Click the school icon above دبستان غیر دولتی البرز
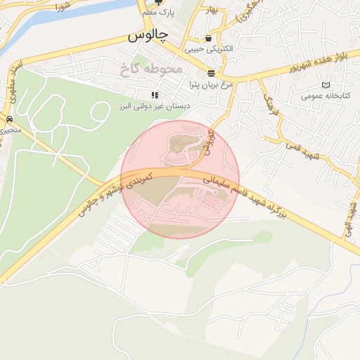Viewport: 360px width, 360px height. [x=155, y=95]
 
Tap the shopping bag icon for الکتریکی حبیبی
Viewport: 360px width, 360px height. [x=208, y=39]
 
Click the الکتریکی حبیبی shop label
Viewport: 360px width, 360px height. [x=207, y=50]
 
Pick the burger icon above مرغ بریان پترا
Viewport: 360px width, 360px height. [x=211, y=73]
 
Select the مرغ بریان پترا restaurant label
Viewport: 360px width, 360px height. [x=210, y=84]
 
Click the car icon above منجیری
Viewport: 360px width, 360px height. [x=10, y=119]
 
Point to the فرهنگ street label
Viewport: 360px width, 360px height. [x=271, y=105]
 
